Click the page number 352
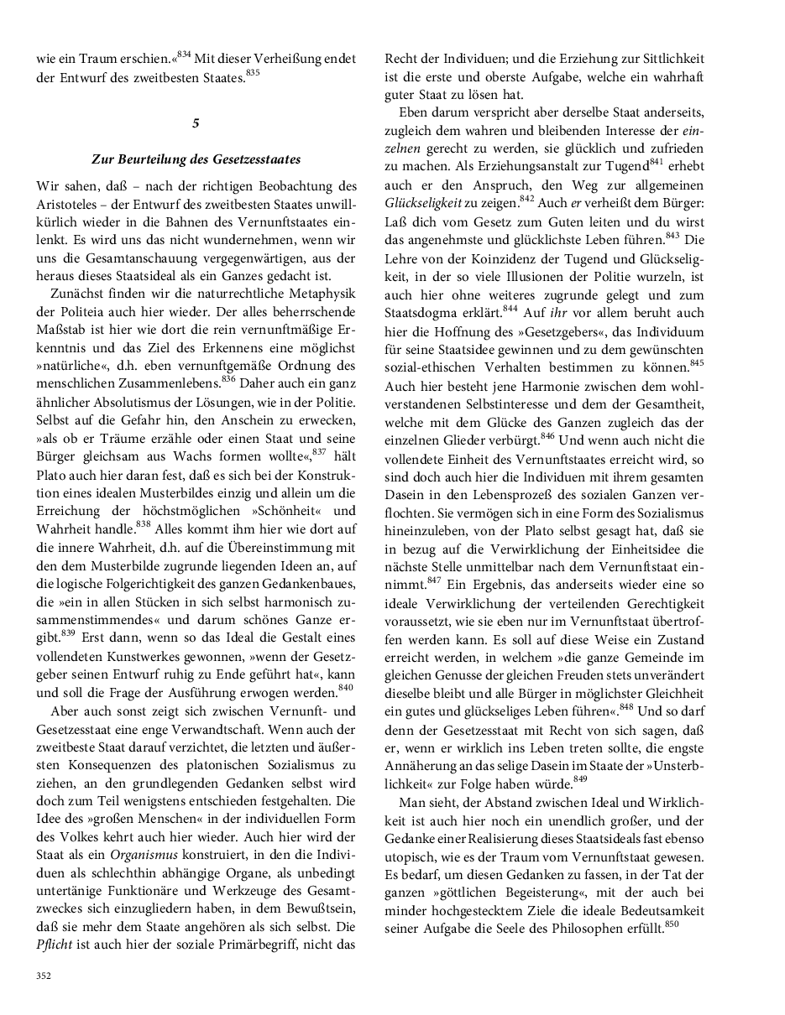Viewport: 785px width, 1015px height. (x=43, y=976)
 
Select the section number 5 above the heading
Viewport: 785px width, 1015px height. (x=196, y=123)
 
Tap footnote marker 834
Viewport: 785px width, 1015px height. (x=184, y=55)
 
